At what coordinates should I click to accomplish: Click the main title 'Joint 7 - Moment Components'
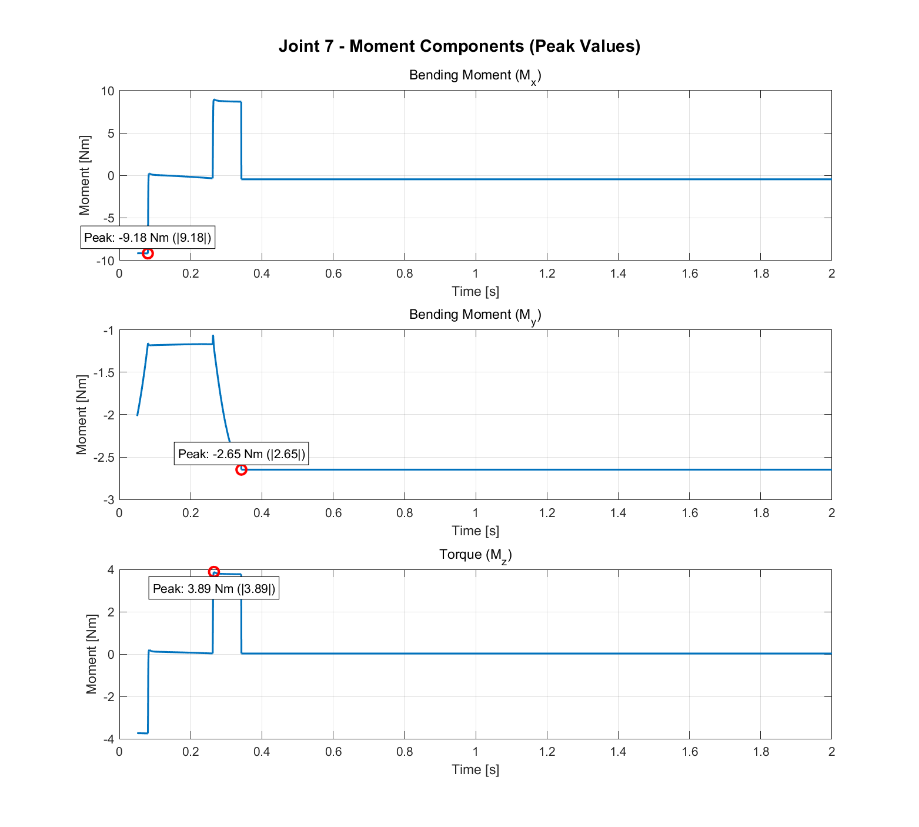(x=459, y=46)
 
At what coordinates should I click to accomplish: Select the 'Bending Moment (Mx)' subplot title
(x=474, y=76)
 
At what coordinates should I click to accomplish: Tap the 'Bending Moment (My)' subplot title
(x=474, y=315)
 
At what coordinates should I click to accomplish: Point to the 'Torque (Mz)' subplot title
(x=475, y=555)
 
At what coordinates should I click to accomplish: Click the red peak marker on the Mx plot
(x=148, y=254)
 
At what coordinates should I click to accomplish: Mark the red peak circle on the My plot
(x=241, y=469)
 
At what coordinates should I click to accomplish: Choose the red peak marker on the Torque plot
(x=214, y=572)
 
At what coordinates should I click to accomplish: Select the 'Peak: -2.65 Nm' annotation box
(x=242, y=454)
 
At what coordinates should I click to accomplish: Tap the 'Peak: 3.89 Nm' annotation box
(x=214, y=589)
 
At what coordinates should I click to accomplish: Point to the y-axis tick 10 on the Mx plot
(x=107, y=91)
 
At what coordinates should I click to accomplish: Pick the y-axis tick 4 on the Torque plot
(x=110, y=570)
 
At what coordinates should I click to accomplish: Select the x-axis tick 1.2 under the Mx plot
(x=547, y=274)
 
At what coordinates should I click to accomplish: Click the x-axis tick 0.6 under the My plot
(x=333, y=513)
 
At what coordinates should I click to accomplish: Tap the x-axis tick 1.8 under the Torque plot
(x=760, y=752)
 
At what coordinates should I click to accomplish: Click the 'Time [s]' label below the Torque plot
(x=475, y=769)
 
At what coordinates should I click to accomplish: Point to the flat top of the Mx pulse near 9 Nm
(x=228, y=101)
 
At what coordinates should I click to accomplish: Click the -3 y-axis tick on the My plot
(x=108, y=500)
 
